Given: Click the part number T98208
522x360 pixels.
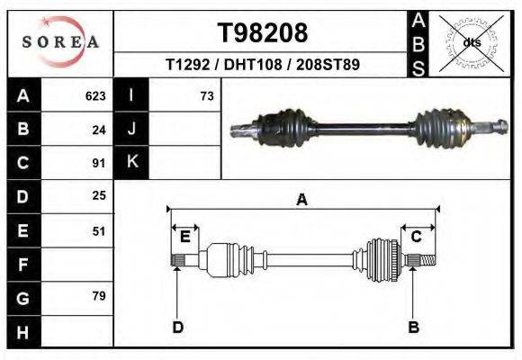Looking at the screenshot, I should coord(263,33).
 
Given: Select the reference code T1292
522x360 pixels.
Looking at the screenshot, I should coord(186,66).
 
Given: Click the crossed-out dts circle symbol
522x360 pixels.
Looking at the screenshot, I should coord(472,42).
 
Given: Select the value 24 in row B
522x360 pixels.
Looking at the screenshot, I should coord(99,130).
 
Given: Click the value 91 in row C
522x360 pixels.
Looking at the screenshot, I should coord(99,164).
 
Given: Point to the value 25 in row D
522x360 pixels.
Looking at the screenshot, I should coord(99,196).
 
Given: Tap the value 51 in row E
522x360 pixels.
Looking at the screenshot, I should coord(99,230).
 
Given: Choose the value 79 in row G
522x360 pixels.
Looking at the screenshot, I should coord(99,296).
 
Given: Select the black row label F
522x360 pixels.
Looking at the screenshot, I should coord(22,265).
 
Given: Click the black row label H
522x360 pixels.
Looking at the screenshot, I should coord(22,331).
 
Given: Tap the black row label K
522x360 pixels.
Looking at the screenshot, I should coord(131,163).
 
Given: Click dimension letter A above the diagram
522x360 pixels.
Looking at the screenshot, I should coord(302,200).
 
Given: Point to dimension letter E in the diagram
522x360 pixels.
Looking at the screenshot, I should coord(184,237).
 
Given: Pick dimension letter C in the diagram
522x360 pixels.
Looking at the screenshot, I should coord(417,237).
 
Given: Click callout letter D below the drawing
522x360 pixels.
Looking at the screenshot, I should coord(177,327).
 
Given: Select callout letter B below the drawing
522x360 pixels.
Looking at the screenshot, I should coord(413,327).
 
